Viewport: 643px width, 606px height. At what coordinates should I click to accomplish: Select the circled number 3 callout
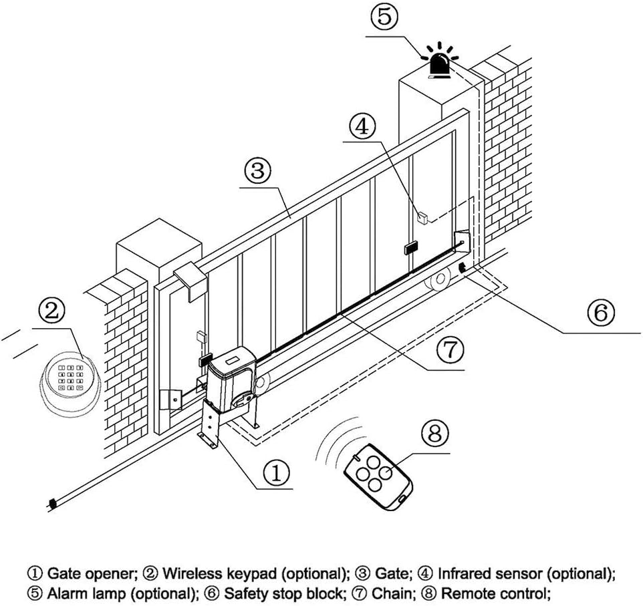(257, 172)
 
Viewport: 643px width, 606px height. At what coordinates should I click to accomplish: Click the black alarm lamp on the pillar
(439, 65)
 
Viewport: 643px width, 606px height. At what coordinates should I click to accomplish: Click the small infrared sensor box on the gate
(422, 217)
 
